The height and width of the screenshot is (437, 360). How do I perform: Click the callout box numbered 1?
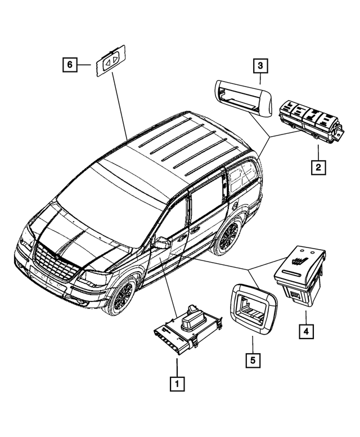click(176, 384)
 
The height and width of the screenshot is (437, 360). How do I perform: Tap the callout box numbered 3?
click(259, 66)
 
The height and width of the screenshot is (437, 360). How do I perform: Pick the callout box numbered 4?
click(305, 332)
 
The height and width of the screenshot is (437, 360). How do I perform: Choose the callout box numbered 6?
click(69, 65)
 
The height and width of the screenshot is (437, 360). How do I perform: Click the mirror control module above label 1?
click(186, 330)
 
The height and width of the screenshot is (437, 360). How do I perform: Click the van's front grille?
click(53, 263)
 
